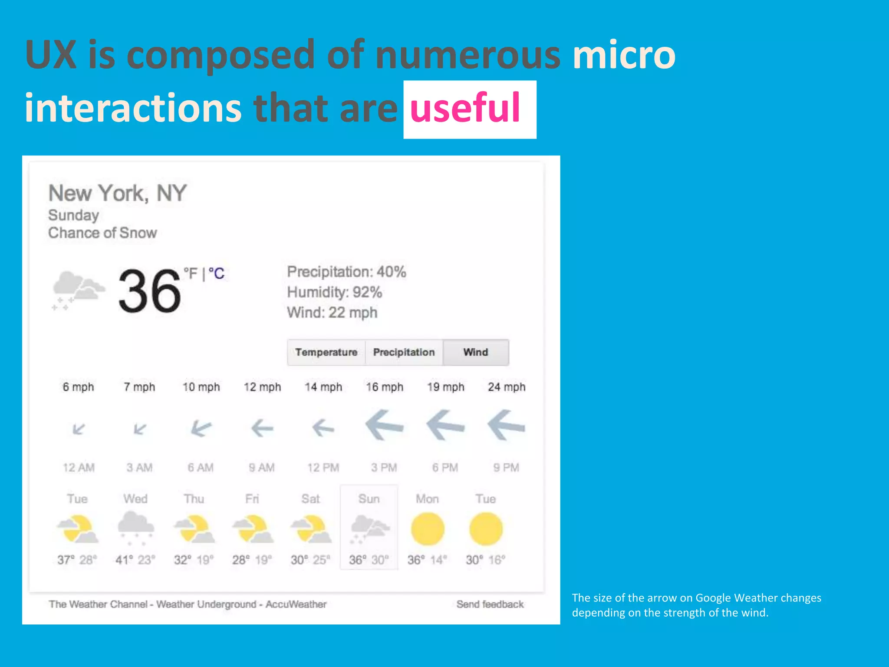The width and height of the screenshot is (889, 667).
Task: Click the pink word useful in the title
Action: click(465, 108)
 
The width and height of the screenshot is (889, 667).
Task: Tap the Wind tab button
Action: click(476, 352)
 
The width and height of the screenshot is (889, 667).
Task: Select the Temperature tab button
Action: click(326, 352)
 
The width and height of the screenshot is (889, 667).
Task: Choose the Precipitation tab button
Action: click(404, 352)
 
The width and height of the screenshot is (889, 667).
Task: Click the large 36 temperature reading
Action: click(150, 291)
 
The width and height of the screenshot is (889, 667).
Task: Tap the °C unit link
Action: click(217, 274)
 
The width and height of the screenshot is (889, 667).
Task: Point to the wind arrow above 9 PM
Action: click(506, 426)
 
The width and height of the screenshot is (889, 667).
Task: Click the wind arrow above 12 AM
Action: click(79, 429)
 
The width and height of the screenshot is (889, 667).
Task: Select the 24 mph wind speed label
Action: click(507, 387)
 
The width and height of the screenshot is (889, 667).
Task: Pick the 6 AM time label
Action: click(201, 468)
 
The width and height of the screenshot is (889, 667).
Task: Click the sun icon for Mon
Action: click(428, 529)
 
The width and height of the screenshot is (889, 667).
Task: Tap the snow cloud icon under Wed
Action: click(136, 527)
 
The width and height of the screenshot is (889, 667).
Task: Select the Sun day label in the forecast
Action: click(369, 499)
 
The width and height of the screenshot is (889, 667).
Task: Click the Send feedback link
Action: click(490, 604)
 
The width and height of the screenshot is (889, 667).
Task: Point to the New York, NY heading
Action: click(117, 193)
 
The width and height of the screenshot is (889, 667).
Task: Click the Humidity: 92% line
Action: click(335, 292)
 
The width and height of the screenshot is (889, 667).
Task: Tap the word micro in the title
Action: click(624, 55)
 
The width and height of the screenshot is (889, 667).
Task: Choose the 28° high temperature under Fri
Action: click(239, 560)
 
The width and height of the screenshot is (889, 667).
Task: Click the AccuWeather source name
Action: click(296, 604)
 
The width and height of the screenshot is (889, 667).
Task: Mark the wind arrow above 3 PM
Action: click(384, 426)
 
